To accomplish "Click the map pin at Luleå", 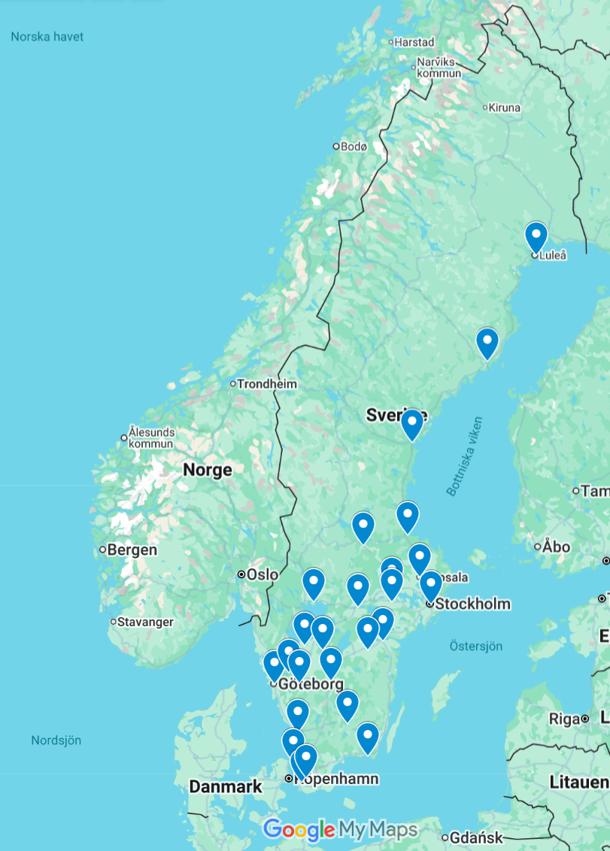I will point(536,236).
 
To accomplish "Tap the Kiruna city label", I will point(504,108).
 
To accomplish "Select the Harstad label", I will point(414,42).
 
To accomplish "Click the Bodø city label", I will point(353,147).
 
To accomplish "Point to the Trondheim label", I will point(266,384).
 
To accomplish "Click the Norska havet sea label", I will point(47,37).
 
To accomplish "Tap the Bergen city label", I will point(132,550).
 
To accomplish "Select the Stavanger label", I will point(145,622).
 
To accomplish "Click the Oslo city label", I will point(262,574).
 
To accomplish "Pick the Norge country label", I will point(208,470).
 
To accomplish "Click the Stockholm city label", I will point(472,604).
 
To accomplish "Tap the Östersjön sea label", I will point(475,646).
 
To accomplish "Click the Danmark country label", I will point(226,786).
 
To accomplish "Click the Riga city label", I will point(564,719).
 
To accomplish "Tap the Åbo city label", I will point(556,547).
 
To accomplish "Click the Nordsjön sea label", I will point(56,740).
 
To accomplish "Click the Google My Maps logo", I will point(340,829).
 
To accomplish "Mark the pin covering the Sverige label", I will point(411,422).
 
